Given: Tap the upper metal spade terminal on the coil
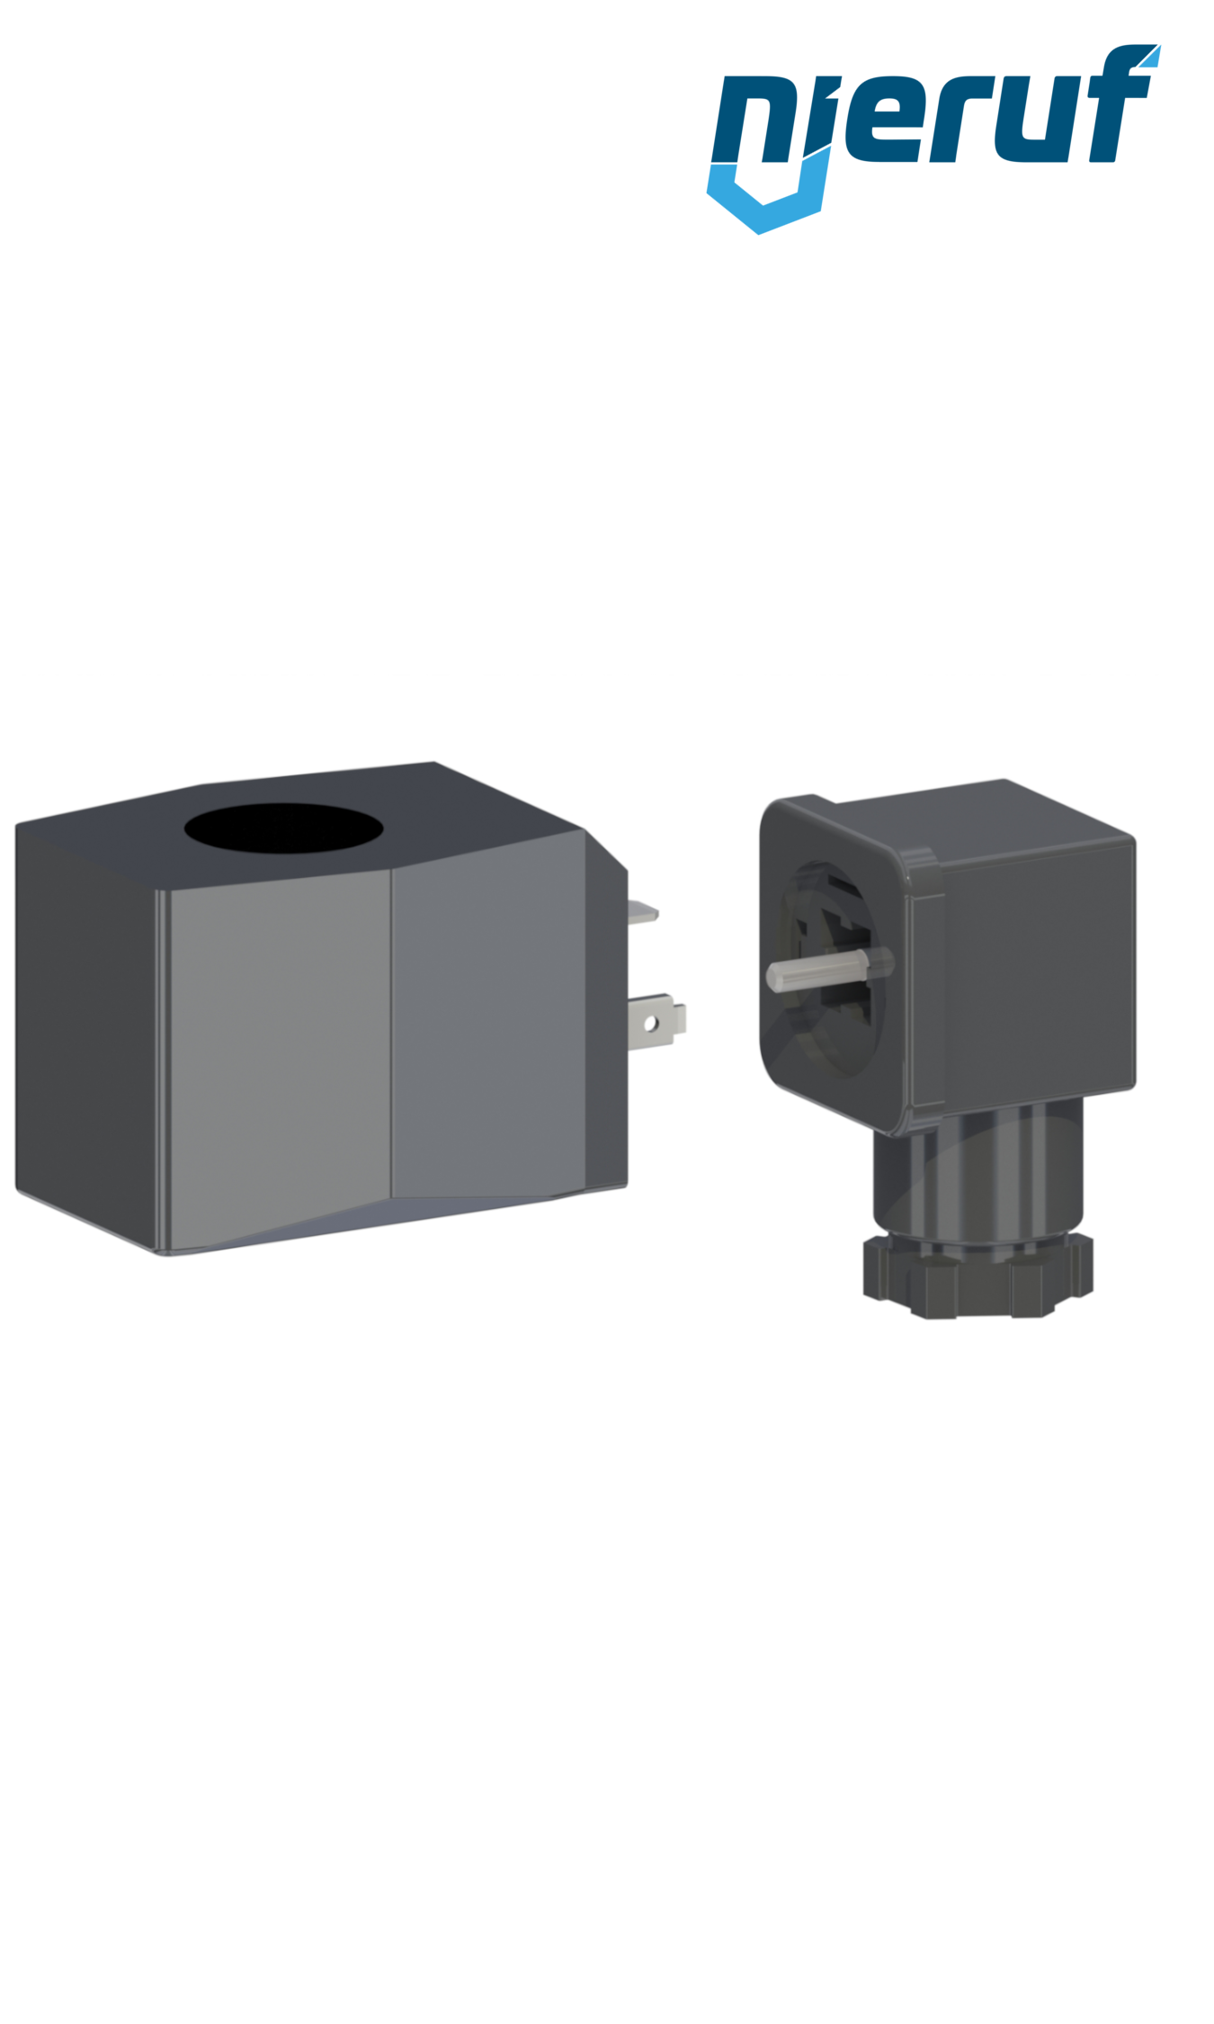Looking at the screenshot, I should [x=642, y=912].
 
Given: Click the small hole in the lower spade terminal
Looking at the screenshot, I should [x=650, y=1024].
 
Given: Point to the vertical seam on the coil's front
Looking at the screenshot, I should [x=391, y=1034].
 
